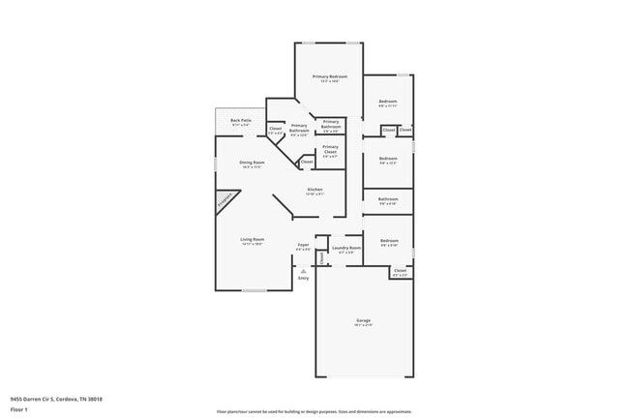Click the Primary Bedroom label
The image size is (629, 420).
click(329, 76)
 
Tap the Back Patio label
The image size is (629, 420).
click(241, 121)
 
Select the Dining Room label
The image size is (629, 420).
click(253, 163)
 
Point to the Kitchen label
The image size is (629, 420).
click(314, 189)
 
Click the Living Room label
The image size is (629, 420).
click(253, 239)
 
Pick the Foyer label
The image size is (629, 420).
click(303, 245)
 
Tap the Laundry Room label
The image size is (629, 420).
click(346, 248)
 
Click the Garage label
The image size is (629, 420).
click(363, 320)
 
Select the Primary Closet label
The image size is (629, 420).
click(330, 148)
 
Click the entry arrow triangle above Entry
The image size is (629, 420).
click(303, 271)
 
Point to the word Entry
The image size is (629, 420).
click(303, 279)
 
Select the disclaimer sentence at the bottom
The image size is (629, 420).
click(314, 410)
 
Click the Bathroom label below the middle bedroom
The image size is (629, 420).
click(388, 199)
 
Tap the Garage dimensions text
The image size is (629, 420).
click(363, 325)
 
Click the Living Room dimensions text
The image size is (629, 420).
click(253, 244)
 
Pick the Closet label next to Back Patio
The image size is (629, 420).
click(275, 129)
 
